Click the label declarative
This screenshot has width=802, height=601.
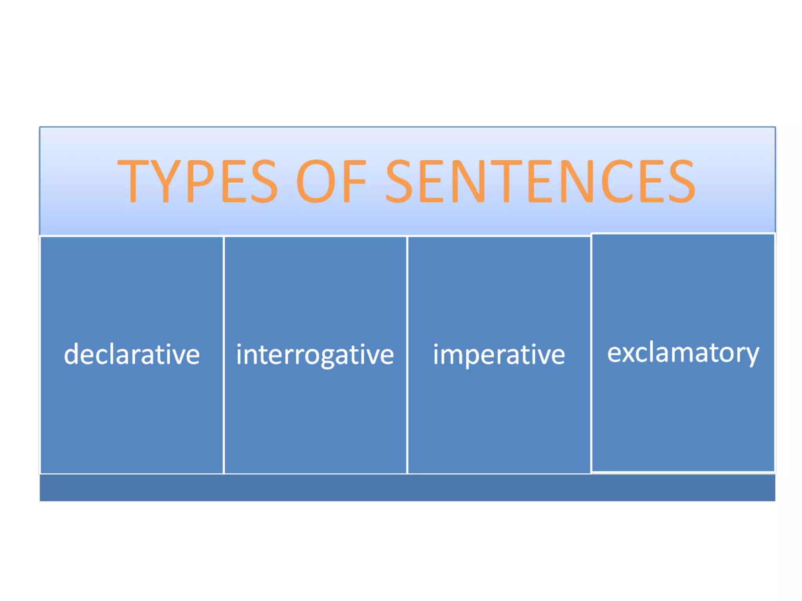pyautogui.click(x=132, y=354)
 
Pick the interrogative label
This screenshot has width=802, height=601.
pyautogui.click(x=315, y=354)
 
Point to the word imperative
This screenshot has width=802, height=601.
pyautogui.click(x=499, y=354)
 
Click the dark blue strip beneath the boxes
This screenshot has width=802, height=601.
pyautogui.click(x=407, y=488)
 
